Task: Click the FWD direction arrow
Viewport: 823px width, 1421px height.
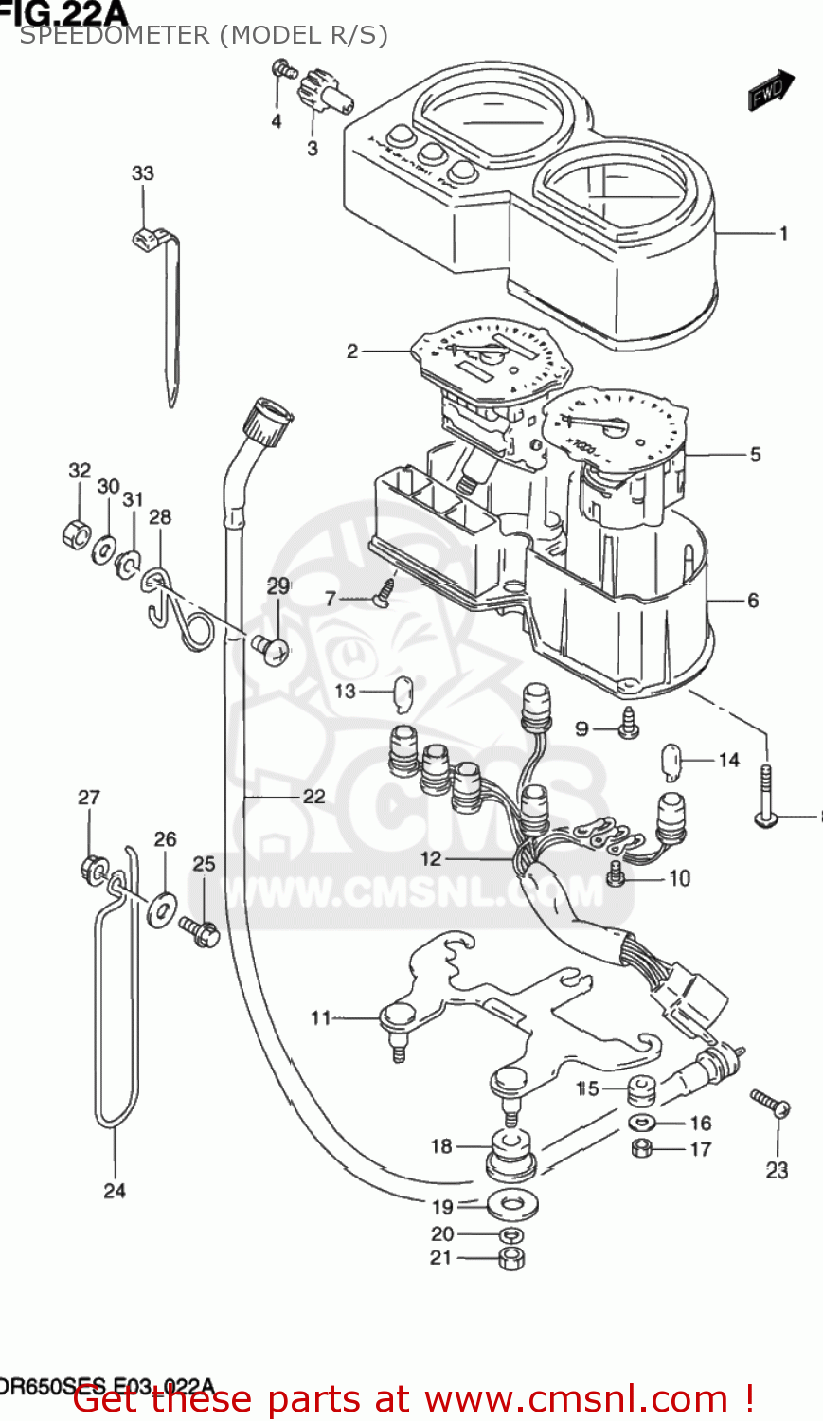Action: tap(771, 90)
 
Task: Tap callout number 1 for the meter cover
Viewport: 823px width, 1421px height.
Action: tap(783, 233)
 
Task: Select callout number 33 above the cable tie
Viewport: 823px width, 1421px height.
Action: tap(142, 173)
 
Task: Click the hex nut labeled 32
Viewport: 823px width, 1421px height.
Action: tap(76, 533)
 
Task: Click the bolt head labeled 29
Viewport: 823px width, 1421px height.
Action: tap(274, 649)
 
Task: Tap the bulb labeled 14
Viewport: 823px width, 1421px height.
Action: tap(671, 761)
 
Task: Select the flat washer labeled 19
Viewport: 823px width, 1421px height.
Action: tap(510, 1206)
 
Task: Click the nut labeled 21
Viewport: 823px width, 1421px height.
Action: tap(511, 1258)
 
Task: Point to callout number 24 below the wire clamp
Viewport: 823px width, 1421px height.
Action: tap(115, 1191)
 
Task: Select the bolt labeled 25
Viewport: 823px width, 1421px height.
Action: tap(200, 932)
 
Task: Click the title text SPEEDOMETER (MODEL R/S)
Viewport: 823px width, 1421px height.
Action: tap(204, 35)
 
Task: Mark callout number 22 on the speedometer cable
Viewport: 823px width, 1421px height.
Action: tap(313, 797)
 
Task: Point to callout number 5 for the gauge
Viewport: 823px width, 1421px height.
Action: tap(755, 455)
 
